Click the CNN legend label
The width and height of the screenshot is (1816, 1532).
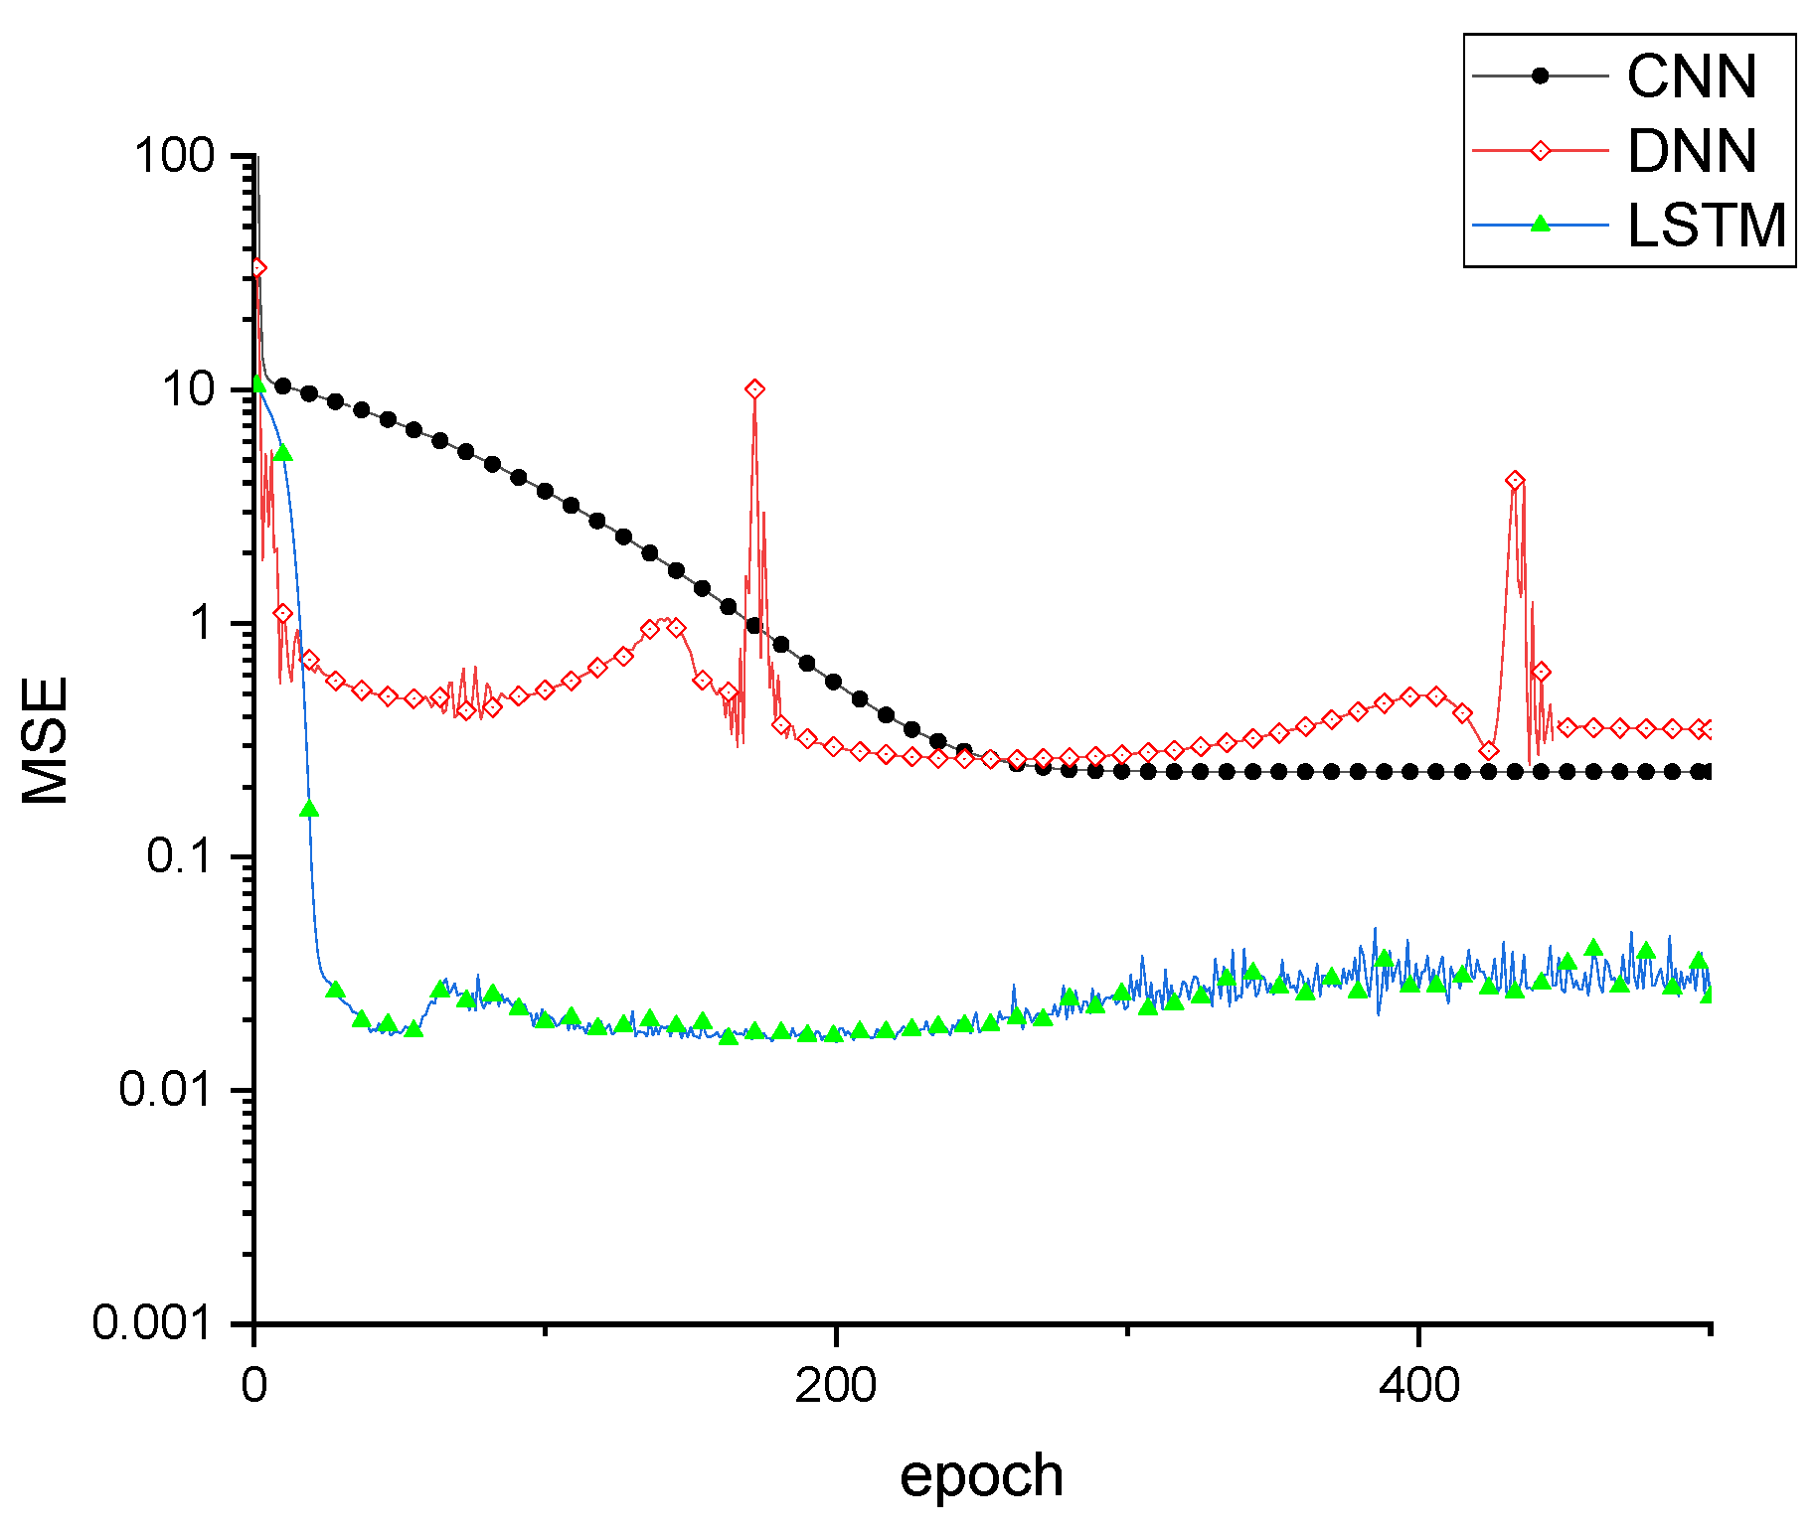1691,77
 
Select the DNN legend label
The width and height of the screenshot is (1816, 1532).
1691,151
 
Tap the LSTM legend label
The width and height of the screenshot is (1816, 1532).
1706,226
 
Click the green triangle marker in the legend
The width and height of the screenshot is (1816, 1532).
1540,224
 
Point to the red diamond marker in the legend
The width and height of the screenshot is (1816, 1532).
1540,151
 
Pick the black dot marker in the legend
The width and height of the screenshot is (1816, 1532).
1540,76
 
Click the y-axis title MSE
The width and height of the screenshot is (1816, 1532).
46,740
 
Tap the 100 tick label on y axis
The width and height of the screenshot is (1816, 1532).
174,156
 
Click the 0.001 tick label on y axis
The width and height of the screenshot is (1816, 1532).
153,1323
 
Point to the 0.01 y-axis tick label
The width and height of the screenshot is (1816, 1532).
166,1090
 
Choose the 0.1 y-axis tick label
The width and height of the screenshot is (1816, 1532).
180,856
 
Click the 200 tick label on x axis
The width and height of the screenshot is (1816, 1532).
835,1386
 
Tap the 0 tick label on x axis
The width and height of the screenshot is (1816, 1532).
254,1386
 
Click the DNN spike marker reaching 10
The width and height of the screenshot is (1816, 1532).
754,389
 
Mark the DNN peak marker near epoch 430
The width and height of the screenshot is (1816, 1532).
1514,481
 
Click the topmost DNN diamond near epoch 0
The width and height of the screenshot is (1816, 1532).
257,268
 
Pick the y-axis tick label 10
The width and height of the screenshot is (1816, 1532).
189,389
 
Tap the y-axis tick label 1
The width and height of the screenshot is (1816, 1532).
203,623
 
